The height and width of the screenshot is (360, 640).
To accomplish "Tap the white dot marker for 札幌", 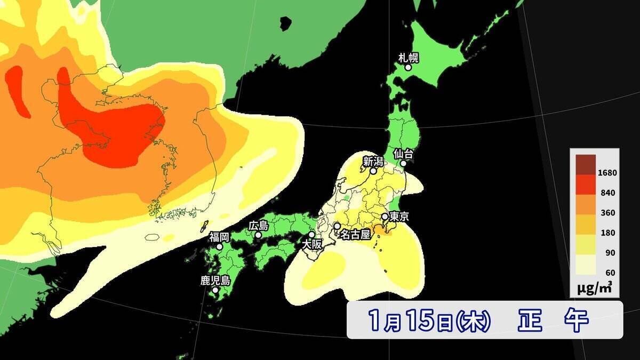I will tap(408, 68).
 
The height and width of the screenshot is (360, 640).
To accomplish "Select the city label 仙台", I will tap(403, 154).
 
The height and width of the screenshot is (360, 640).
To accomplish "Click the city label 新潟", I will tap(373, 161).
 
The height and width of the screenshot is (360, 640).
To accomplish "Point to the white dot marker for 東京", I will tap(384, 217).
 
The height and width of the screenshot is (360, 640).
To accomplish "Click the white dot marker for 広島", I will tap(258, 235).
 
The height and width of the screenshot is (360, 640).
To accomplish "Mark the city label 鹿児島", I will tap(215, 281).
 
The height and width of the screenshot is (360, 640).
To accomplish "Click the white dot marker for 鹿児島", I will tap(215, 291).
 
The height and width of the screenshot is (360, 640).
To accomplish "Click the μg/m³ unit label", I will tap(594, 289).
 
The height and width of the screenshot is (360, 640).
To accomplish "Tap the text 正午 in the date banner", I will tap(553, 321).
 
